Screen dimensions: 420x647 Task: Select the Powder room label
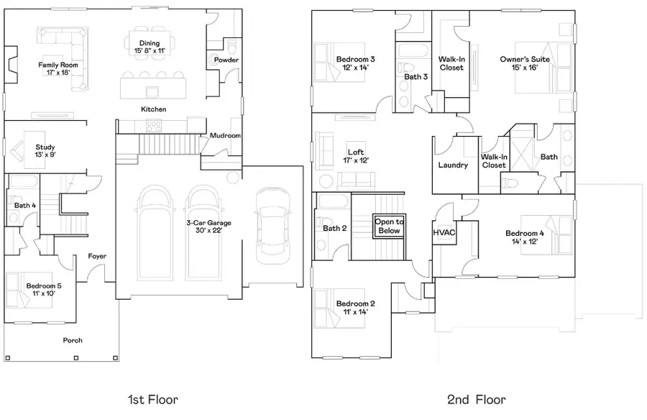226,60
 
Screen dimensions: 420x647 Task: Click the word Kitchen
154,109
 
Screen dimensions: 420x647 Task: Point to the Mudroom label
225,135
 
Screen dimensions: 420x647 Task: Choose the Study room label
45,147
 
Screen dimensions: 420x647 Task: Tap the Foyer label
98,256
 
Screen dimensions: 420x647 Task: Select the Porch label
73,340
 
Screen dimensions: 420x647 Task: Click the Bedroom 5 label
44,286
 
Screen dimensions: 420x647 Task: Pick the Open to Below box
389,227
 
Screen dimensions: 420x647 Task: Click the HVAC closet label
444,232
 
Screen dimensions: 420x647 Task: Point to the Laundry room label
453,165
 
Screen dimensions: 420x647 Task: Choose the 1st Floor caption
152,399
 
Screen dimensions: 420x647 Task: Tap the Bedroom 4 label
525,233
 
